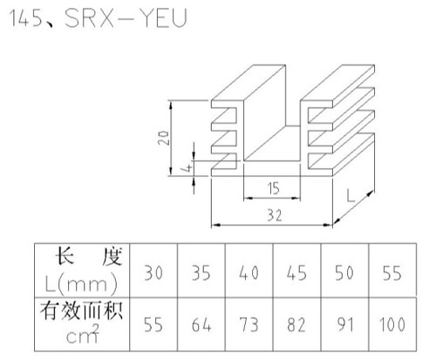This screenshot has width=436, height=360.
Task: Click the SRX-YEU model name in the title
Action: [126, 18]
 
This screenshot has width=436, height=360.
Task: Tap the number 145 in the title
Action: [26, 18]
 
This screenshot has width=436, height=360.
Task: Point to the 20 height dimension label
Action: [163, 138]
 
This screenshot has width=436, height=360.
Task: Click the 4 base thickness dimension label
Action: [188, 167]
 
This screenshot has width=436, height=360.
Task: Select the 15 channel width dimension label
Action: [274, 188]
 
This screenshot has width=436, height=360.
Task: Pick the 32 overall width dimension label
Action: [275, 215]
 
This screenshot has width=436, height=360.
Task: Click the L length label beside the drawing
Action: [351, 195]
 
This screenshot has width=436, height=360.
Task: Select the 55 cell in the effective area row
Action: [153, 324]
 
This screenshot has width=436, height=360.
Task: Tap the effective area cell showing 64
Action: [201, 324]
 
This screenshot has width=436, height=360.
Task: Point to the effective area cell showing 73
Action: [249, 324]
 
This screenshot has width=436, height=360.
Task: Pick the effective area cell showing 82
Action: [296, 324]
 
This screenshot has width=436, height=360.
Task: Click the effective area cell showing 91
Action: [344, 324]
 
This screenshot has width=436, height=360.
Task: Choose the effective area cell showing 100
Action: [392, 324]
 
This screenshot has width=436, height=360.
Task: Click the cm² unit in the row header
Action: [83, 334]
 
